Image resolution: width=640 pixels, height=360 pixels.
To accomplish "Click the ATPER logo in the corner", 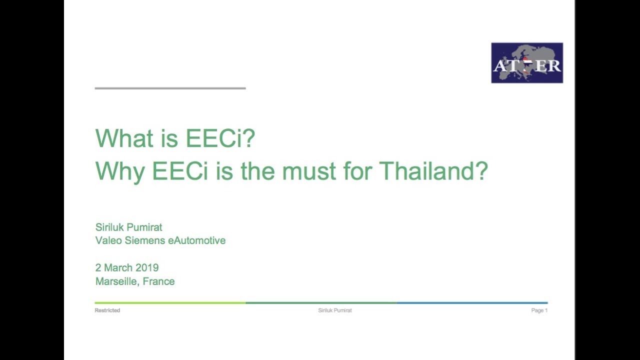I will pos(527,63).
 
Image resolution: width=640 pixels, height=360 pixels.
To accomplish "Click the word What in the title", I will pos(124,138).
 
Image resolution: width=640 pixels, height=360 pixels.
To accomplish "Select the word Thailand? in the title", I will pos(433,171).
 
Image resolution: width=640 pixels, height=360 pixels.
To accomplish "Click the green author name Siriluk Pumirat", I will pos(129,227).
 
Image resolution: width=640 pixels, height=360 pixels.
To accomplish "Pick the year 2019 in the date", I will pos(147,268).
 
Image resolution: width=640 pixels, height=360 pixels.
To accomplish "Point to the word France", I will pos(159,281).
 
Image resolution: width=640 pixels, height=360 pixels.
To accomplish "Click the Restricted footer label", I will pos(107,310).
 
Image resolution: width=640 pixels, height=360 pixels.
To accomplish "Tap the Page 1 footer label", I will pos(539,310).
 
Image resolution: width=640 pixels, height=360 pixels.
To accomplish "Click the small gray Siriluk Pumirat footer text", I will pos(335,310).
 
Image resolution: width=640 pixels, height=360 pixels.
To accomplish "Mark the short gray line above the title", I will pos(170,88).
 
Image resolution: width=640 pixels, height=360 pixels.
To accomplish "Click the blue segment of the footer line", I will pos(472,303).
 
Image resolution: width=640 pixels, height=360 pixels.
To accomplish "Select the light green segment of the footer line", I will pos(170,303).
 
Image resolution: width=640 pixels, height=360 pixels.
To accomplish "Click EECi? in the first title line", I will pos(220,138).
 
